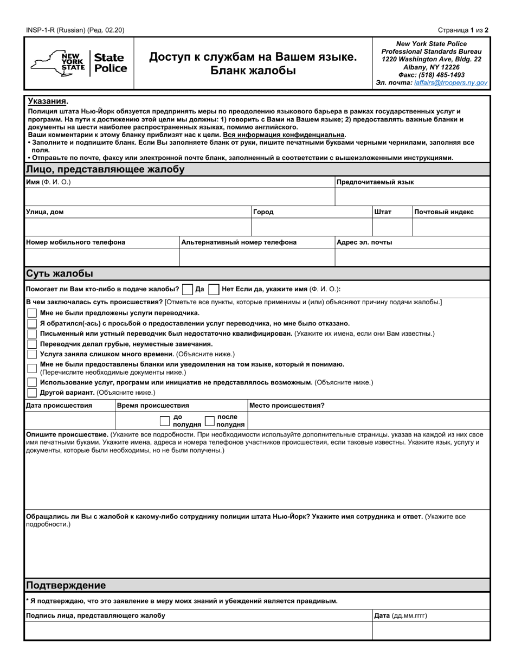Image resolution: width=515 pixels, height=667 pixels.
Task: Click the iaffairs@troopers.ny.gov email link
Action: pyautogui.click(x=450, y=83)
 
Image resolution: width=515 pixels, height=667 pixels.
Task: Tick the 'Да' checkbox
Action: pyautogui.click(x=188, y=290)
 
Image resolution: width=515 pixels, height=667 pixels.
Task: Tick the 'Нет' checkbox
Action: pyautogui.click(x=214, y=290)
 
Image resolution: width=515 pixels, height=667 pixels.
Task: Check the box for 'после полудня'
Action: pyautogui.click(x=209, y=421)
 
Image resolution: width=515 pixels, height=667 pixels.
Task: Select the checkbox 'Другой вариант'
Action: pyautogui.click(x=32, y=393)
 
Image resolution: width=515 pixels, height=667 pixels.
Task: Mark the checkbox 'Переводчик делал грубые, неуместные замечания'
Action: pyautogui.click(x=32, y=344)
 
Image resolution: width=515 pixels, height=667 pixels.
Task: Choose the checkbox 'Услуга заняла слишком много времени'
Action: pyautogui.click(x=32, y=354)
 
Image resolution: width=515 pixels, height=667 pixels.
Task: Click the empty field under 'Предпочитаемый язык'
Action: pyautogui.click(x=412, y=196)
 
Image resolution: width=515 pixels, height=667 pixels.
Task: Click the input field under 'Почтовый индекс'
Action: pyautogui.click(x=450, y=227)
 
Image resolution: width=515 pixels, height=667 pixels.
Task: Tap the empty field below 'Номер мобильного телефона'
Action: pyautogui.click(x=102, y=257)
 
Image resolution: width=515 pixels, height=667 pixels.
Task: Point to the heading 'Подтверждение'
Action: pyautogui.click(x=66, y=585)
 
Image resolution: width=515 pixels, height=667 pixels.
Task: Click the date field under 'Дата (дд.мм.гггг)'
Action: pyautogui.click(x=430, y=630)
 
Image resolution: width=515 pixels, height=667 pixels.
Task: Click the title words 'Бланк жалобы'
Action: pyautogui.click(x=253, y=70)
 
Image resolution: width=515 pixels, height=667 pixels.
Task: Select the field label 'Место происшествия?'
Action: pyautogui.click(x=287, y=405)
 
